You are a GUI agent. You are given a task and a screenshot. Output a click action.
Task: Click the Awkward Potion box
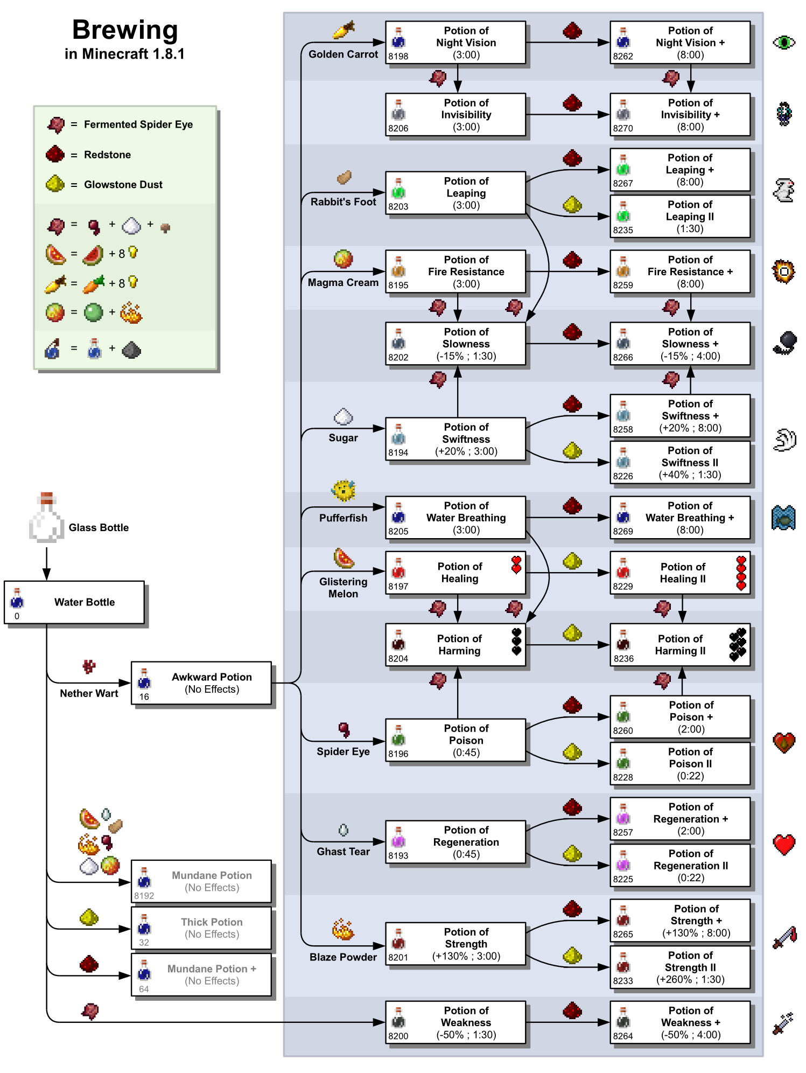(201, 683)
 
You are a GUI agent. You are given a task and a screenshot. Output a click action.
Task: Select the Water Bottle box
(74, 602)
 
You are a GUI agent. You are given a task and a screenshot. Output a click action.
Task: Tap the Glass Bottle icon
(46, 518)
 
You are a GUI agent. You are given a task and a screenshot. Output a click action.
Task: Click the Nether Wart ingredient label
(89, 693)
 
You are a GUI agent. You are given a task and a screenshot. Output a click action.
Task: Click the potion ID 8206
(398, 128)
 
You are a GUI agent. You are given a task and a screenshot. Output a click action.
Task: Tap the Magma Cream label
(343, 282)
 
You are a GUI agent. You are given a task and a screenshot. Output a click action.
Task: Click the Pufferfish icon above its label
(343, 491)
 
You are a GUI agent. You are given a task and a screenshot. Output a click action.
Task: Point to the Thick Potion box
(201, 928)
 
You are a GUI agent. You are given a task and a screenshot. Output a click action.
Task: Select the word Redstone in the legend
(107, 155)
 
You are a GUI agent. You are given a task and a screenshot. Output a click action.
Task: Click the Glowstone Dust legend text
(123, 184)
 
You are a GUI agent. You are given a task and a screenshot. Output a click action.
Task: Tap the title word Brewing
(125, 30)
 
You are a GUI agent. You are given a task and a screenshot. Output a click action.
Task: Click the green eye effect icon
(783, 42)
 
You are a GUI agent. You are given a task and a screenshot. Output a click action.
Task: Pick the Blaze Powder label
(343, 957)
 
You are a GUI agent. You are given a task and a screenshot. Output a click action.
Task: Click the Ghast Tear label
(343, 852)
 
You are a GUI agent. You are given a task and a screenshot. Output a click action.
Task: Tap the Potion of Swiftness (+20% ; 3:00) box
(455, 439)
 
